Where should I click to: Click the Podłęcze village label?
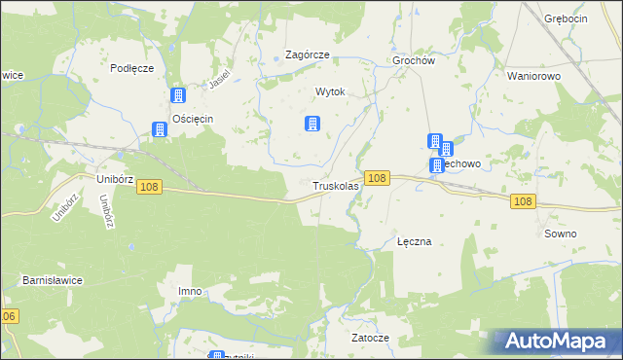[x=132, y=67]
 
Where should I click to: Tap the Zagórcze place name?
[x=307, y=55]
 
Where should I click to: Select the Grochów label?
[x=412, y=59]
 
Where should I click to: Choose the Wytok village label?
[x=330, y=92]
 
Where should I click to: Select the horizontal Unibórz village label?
[x=115, y=179]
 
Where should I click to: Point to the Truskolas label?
[x=336, y=185]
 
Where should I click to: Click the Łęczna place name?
[x=415, y=240]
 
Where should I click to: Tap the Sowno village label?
[x=561, y=234]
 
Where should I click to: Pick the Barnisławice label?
[x=53, y=280]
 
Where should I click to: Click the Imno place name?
[x=190, y=291]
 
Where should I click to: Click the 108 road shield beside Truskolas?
[x=379, y=178]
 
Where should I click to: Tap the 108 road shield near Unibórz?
[x=149, y=187]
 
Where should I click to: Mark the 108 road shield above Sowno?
[x=523, y=201]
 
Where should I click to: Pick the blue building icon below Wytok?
[x=312, y=124]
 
